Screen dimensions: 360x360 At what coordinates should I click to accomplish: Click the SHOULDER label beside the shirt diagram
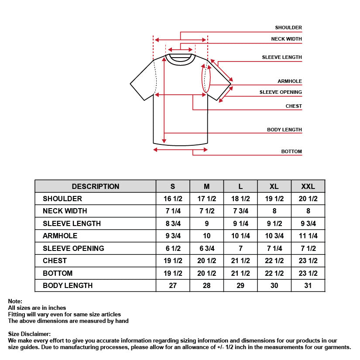coord(288,27)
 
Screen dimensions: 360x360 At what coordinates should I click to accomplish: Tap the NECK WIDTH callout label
coord(286,39)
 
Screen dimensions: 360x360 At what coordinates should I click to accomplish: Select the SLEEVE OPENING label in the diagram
coord(281,92)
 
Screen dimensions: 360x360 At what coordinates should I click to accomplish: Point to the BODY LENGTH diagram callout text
coord(284,130)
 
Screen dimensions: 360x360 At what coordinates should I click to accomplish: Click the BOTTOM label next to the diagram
coord(291,151)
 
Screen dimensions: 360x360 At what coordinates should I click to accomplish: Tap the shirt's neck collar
coord(180,58)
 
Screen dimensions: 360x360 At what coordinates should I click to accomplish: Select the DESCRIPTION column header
coord(95,186)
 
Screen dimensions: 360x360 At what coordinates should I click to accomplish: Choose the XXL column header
coord(308,186)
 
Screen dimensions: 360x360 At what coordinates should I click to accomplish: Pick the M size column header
coord(206,186)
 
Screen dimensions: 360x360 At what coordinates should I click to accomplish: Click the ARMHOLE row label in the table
coord(60,236)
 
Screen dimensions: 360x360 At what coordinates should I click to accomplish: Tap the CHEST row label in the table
coord(55,261)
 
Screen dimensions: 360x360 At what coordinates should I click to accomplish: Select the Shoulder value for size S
coord(173,199)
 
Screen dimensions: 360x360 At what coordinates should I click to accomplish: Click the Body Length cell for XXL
coord(308,285)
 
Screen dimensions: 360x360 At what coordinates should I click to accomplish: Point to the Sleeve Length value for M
coord(206,223)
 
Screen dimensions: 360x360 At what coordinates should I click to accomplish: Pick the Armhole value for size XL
coord(274,236)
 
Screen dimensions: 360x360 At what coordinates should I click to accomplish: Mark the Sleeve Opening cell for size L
coord(240,248)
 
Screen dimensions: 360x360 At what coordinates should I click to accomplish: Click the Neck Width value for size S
coord(173,211)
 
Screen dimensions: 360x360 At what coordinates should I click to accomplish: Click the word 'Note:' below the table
coord(15,301)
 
